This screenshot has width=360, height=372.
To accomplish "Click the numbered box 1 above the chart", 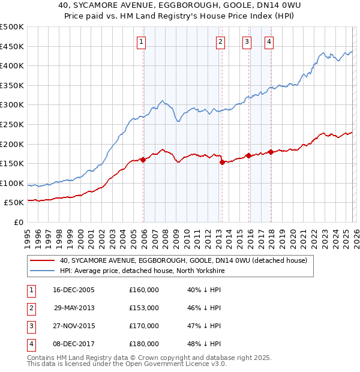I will pos(141,41).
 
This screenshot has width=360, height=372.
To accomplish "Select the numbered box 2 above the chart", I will pos(220,41).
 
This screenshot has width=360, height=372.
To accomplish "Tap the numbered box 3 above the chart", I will pos(247,41).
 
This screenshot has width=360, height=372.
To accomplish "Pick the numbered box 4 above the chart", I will pos(269,41).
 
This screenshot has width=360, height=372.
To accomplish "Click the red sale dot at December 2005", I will pos(143,160).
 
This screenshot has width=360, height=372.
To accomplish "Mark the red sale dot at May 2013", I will pos(222,162).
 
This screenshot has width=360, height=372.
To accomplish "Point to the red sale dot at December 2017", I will pos(271,152).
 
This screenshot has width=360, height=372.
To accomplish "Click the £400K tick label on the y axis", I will pos(12,65).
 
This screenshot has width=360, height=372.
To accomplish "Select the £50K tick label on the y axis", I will pos(14,203).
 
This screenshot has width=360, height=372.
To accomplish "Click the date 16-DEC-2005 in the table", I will pos(74,290).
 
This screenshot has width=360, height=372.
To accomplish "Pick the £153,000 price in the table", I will pos(144,308).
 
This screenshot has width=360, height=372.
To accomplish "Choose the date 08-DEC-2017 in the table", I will pos(74,344).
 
